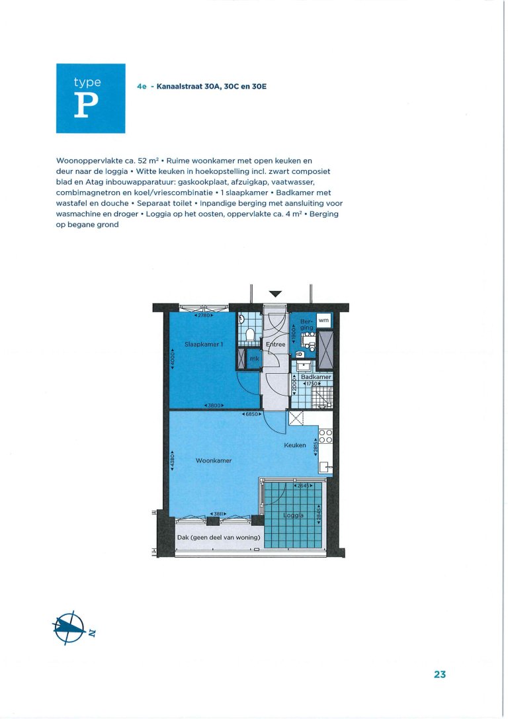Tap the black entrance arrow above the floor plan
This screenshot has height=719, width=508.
(276, 294)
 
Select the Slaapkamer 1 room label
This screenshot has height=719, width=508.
(202, 345)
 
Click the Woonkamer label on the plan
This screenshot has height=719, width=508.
(214, 460)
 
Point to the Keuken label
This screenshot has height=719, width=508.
(295, 445)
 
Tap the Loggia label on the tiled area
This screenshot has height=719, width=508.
(293, 516)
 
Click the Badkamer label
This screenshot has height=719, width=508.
(315, 376)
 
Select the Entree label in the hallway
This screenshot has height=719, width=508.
(275, 345)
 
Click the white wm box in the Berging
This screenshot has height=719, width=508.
(323, 320)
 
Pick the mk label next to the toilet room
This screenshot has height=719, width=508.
(254, 359)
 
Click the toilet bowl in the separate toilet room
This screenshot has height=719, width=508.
(250, 335)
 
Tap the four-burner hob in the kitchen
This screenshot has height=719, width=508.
(325, 437)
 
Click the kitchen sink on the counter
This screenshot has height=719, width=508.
(325, 467)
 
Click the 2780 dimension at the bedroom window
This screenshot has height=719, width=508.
(204, 316)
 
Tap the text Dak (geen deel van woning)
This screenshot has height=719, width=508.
(218, 537)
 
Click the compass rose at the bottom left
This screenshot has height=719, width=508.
(69, 625)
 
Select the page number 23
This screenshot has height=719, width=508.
(441, 675)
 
